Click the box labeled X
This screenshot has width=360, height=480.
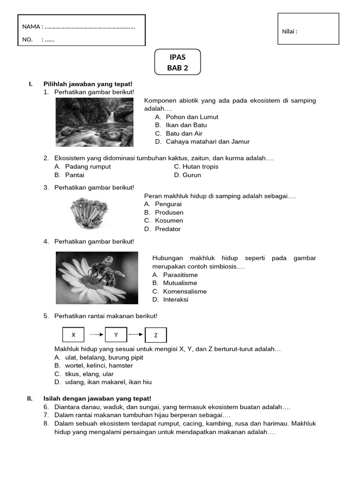tap(73, 335)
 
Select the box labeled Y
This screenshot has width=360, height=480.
tap(116, 335)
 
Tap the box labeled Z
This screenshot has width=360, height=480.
tap(156, 335)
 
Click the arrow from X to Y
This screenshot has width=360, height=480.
tap(96, 335)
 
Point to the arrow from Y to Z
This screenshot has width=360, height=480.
tap(135, 335)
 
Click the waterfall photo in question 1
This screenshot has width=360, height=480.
tap(94, 122)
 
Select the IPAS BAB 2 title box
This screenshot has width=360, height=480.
tap(178, 62)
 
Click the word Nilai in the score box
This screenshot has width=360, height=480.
tap(289, 31)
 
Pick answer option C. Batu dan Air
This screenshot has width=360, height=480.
tap(179, 133)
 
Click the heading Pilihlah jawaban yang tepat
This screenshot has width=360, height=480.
tap(88, 83)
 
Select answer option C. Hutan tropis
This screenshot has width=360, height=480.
tap(196, 166)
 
